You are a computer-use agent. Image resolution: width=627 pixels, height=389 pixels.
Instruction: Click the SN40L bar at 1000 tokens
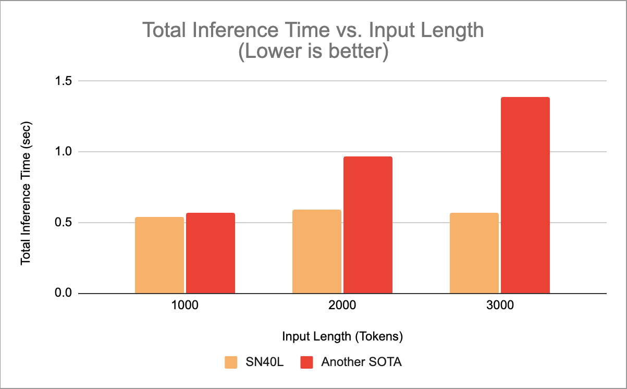(x=159, y=255)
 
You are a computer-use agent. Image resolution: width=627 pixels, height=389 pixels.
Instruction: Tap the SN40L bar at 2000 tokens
(x=316, y=251)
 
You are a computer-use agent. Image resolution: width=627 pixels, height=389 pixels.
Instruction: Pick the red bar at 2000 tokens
(x=367, y=225)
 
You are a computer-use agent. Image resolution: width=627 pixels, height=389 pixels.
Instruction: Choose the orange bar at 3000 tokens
(x=474, y=253)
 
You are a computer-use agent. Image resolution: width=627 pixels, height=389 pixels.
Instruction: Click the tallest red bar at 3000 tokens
(x=525, y=195)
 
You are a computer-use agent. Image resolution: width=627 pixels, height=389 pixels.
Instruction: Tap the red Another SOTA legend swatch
(x=307, y=362)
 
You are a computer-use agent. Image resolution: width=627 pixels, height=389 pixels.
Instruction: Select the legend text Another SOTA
(x=361, y=362)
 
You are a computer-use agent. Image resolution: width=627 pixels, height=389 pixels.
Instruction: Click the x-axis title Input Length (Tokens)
(x=342, y=336)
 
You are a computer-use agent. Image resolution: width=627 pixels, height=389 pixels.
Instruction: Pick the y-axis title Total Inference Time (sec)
(x=25, y=188)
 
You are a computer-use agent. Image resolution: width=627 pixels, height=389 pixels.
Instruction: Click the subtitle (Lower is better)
(x=313, y=53)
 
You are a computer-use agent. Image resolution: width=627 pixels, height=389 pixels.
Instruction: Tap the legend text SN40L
(x=264, y=362)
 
